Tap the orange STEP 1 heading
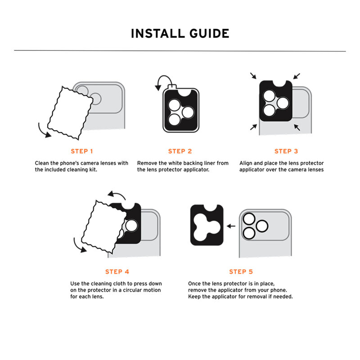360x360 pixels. pyautogui.click(x=82, y=151)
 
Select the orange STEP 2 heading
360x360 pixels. pyautogui.click(x=180, y=151)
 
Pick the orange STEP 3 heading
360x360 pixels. pyautogui.click(x=286, y=151)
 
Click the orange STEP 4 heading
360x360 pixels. pyautogui.click(x=117, y=271)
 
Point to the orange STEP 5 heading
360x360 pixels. pyautogui.click(x=241, y=271)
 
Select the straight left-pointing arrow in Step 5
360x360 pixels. pyautogui.click(x=231, y=226)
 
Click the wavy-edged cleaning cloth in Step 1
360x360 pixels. pyautogui.click(x=67, y=110)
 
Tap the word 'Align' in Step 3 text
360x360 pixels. pyautogui.click(x=246, y=163)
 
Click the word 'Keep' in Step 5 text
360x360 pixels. pyautogui.click(x=195, y=297)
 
